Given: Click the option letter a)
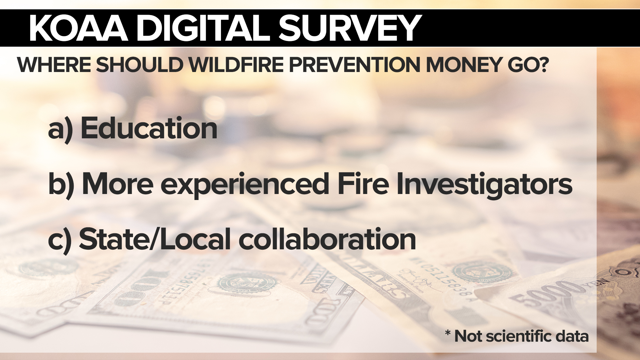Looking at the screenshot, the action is (x=60, y=130).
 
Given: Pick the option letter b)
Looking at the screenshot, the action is (x=61, y=185).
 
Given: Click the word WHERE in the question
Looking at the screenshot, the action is (x=54, y=65).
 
